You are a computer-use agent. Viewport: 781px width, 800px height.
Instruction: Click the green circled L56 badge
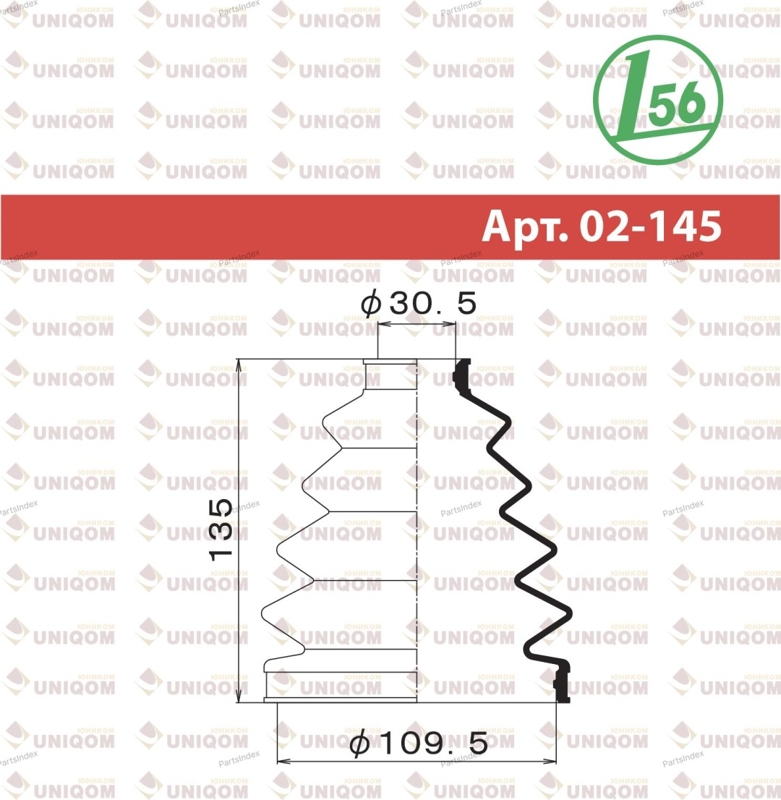tap(658, 100)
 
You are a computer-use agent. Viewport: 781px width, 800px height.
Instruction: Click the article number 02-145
tap(650, 226)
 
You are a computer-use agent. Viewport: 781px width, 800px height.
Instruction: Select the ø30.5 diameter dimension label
tap(418, 304)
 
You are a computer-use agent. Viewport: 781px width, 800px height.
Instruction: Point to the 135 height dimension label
tap(221, 530)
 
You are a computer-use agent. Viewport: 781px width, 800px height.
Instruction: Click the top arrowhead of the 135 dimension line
tap(239, 365)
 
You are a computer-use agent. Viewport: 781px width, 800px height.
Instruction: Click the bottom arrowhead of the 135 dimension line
tap(239, 697)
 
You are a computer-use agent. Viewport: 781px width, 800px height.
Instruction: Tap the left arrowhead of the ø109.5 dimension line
tap(283, 761)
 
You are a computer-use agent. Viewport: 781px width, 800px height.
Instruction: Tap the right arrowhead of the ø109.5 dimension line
tap(550, 761)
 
